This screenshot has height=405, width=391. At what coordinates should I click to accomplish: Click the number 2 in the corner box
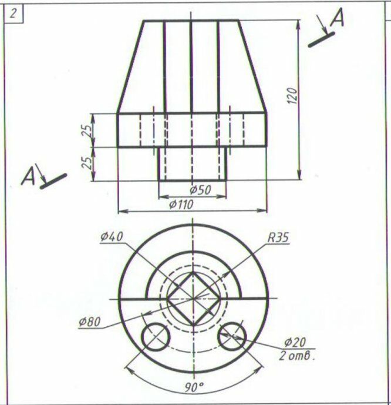[13, 14]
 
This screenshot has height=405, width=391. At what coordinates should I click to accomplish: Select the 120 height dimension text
[292, 96]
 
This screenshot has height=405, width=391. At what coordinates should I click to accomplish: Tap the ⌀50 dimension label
[200, 190]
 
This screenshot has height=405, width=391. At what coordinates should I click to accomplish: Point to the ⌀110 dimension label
[181, 205]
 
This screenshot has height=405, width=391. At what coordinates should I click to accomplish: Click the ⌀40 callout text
[112, 237]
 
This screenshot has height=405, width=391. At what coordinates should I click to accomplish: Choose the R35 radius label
[278, 237]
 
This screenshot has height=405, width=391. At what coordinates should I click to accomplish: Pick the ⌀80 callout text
[89, 322]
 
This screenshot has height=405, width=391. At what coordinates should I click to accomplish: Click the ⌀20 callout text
[295, 343]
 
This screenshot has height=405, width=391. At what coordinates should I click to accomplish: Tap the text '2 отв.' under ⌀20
[297, 356]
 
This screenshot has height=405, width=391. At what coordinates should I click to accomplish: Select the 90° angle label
[194, 387]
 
